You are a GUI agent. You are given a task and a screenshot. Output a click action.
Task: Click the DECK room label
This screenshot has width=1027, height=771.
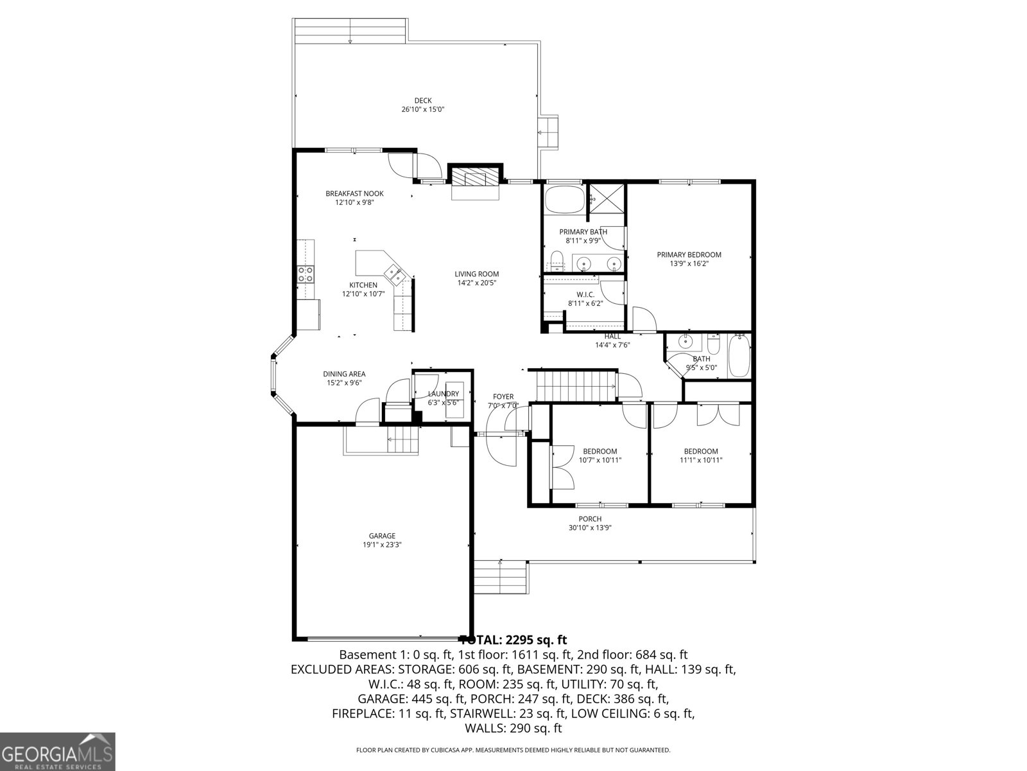coord(422,100)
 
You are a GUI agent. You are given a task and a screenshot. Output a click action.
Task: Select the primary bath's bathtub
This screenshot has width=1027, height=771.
coord(564,199)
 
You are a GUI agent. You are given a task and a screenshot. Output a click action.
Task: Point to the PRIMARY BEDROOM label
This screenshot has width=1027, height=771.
coord(689,254)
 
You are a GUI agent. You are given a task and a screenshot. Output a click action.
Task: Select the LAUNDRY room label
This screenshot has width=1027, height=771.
coord(444,394)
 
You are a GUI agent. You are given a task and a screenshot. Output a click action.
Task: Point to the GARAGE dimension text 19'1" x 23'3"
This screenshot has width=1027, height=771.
coord(382,545)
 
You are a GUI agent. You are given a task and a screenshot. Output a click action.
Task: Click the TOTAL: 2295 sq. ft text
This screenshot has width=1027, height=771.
coord(514,640)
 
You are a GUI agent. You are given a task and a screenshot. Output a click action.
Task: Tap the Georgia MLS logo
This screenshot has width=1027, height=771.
coord(57,751)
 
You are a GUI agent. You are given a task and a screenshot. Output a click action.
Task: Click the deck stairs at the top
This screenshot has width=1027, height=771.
coord(350,31)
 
